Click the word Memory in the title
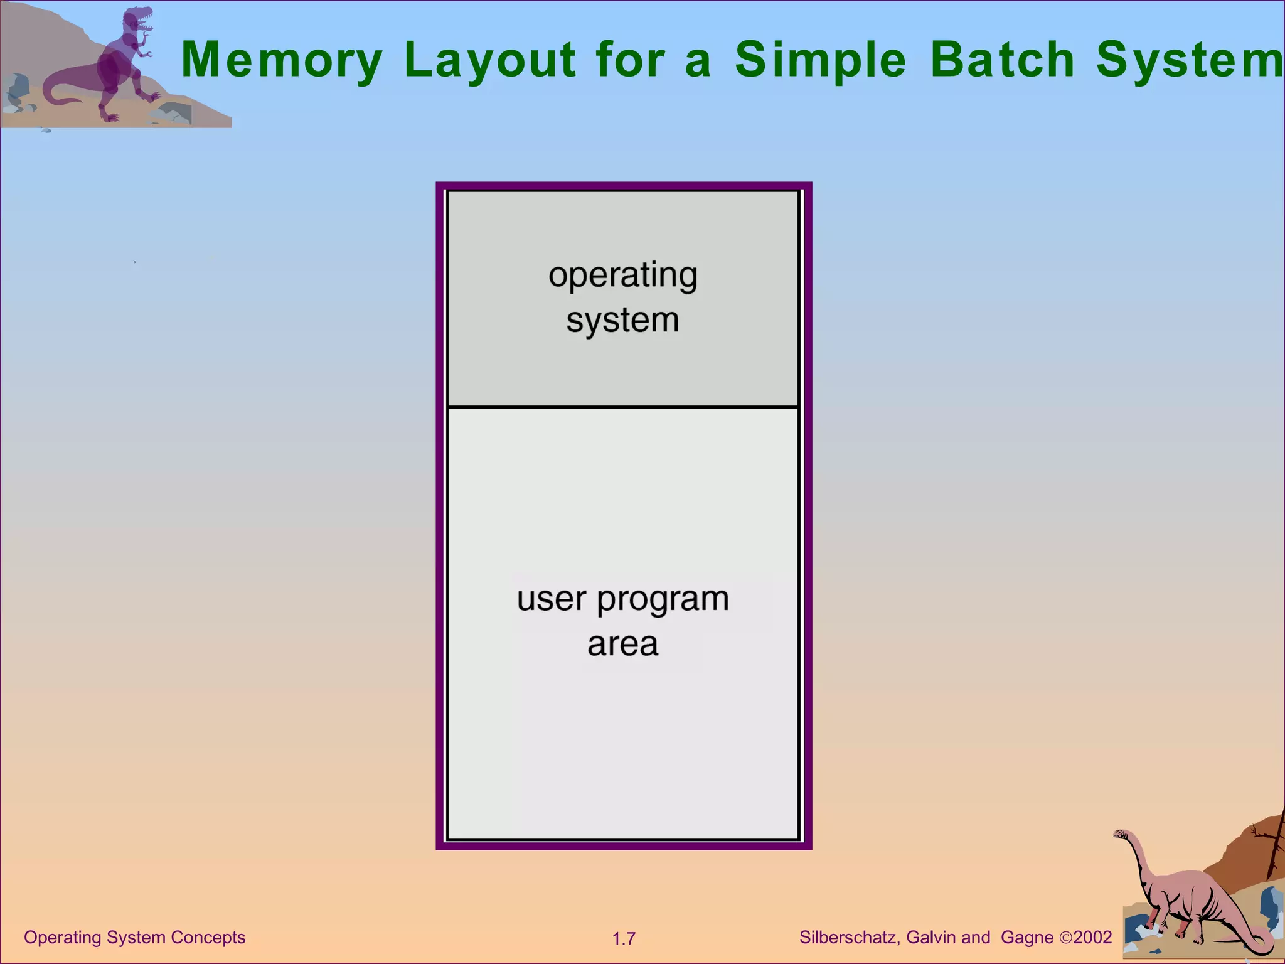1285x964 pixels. (282, 60)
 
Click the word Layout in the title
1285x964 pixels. (490, 60)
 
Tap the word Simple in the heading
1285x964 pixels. (821, 60)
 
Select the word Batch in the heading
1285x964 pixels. (1003, 60)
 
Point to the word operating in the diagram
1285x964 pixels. (622, 276)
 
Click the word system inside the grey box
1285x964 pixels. (622, 321)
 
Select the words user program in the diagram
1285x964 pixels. (622, 599)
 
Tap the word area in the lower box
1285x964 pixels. (622, 645)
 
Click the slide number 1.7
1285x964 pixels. (624, 939)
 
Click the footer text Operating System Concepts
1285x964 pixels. (134, 937)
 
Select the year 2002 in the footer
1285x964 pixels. (1093, 937)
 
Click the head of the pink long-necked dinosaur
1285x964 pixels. (1121, 834)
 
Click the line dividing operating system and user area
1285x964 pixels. (622, 407)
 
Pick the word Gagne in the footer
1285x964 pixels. (1027, 937)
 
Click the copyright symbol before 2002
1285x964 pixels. (1066, 938)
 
